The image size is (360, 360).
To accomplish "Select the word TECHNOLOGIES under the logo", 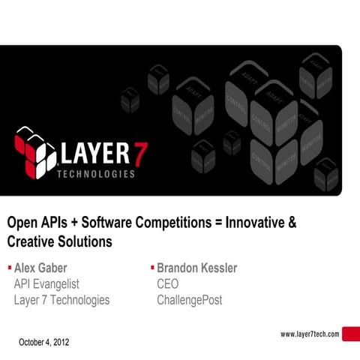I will click(x=96, y=174).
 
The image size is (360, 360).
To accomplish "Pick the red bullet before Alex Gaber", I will click(x=9, y=267).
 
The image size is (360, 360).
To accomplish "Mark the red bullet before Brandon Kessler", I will click(x=151, y=267).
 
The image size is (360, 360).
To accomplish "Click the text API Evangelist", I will click(x=46, y=284).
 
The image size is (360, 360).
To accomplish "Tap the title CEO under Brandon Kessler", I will click(x=168, y=284).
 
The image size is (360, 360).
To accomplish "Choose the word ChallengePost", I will click(x=189, y=301).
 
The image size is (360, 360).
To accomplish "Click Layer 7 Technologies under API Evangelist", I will click(x=61, y=301).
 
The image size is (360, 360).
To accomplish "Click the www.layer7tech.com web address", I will click(x=310, y=334).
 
